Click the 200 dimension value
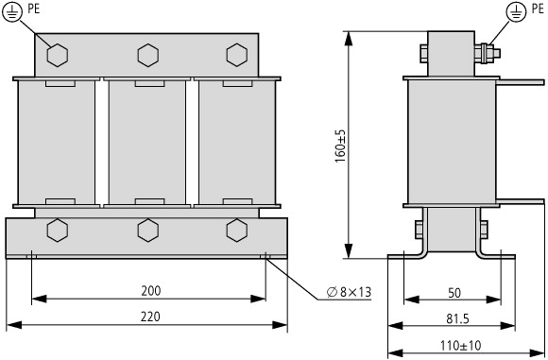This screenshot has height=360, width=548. tap(151, 291)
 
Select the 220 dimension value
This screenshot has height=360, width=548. tap(150, 317)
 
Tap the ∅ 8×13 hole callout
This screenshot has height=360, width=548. tap(349, 292)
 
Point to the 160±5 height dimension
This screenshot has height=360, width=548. tap(340, 146)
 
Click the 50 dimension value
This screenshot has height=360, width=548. tap(454, 293)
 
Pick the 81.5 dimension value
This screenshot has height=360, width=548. tap(457, 318)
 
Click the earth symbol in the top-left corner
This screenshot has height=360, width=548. tap(12, 12)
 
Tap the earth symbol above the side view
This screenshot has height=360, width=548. tap(516, 12)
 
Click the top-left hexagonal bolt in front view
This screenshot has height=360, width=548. tap(58, 55)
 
